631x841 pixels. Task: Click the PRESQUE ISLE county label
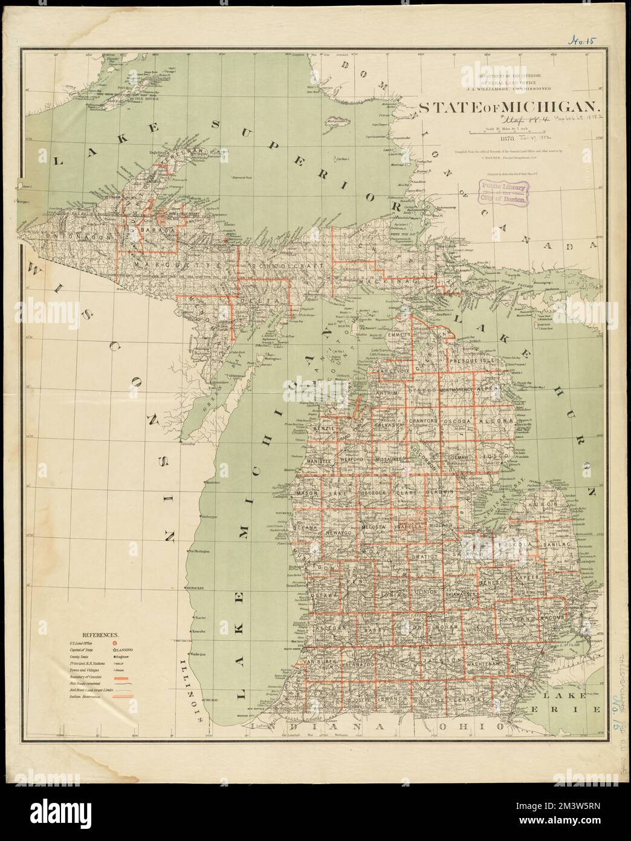[472, 361]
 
